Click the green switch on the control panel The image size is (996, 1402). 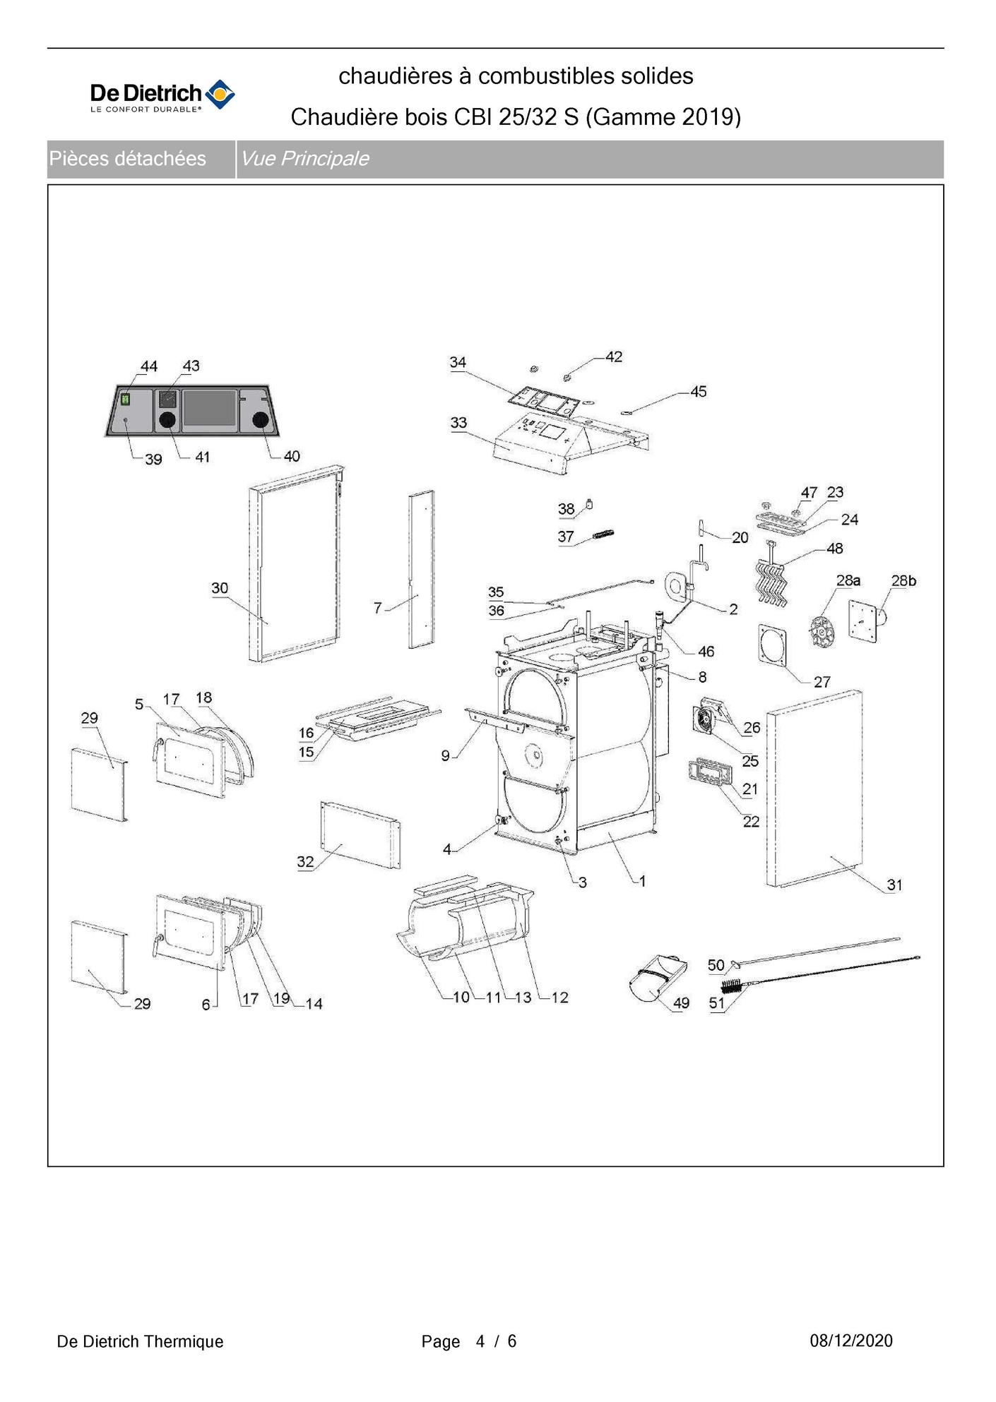click(126, 399)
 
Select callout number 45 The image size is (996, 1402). click(698, 392)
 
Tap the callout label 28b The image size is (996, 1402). click(903, 581)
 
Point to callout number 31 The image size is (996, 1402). click(894, 885)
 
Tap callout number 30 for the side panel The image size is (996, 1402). click(220, 588)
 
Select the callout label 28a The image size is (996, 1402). click(848, 581)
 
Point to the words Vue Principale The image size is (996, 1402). click(304, 159)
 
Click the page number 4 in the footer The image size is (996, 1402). click(480, 1341)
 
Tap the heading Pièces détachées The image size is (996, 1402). click(127, 159)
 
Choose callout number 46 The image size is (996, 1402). click(706, 652)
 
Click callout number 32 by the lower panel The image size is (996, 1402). click(305, 862)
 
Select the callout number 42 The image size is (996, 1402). click(614, 357)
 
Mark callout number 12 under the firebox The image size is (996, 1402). click(559, 997)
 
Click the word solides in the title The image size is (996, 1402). click(657, 76)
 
